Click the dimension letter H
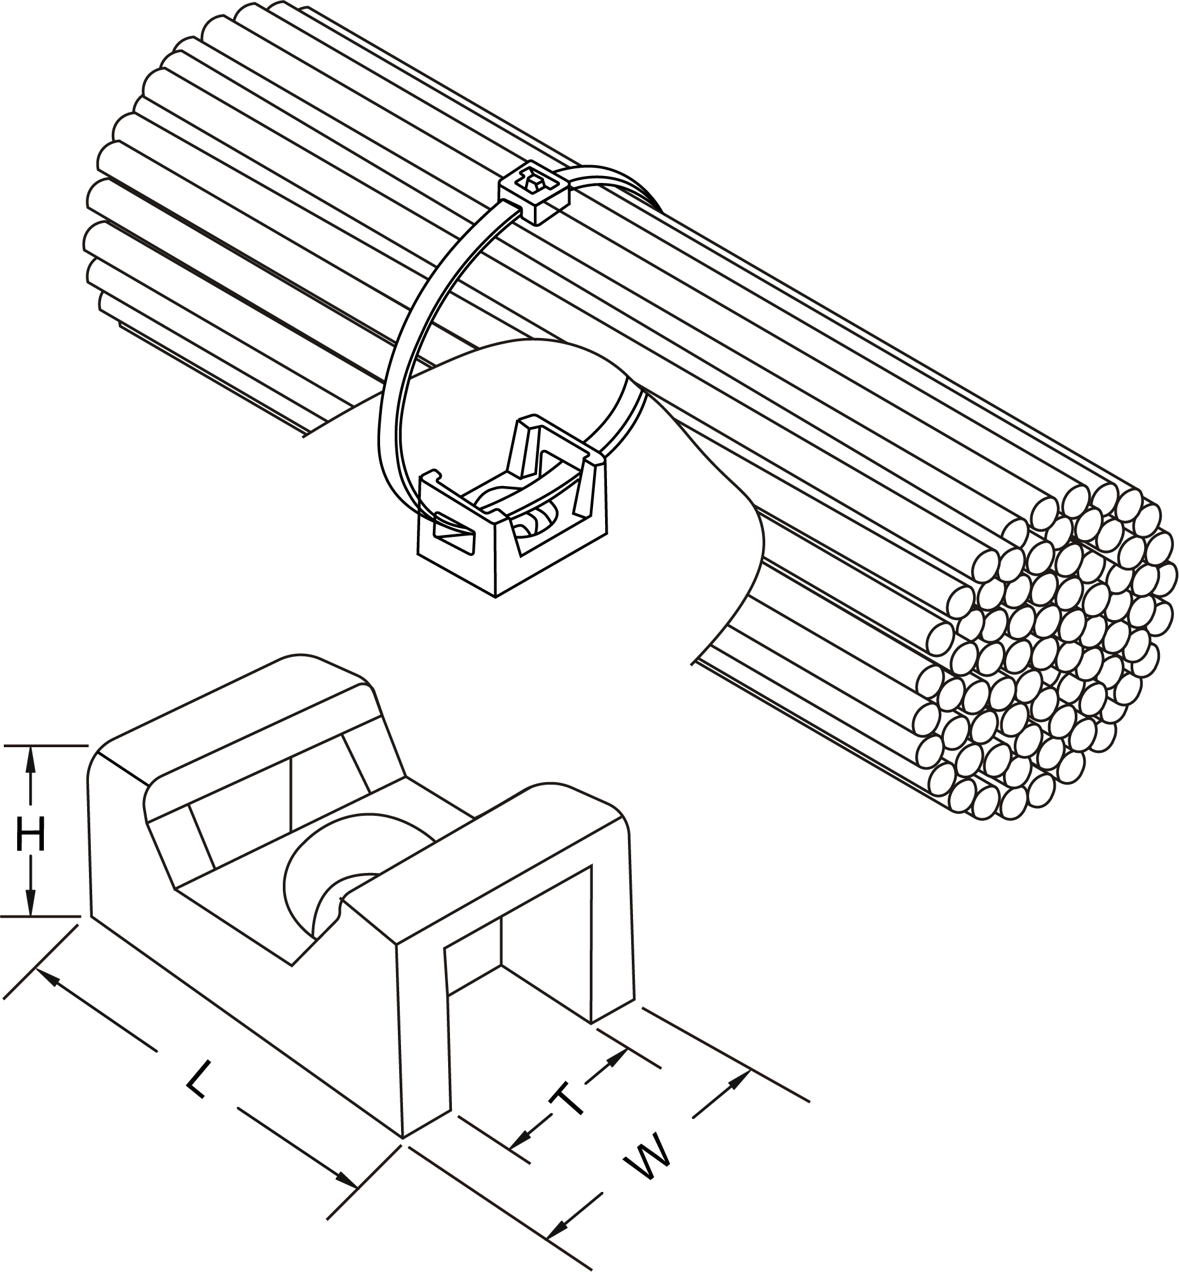(x=31, y=836)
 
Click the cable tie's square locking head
(x=534, y=193)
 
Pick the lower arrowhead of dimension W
(x=559, y=1208)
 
